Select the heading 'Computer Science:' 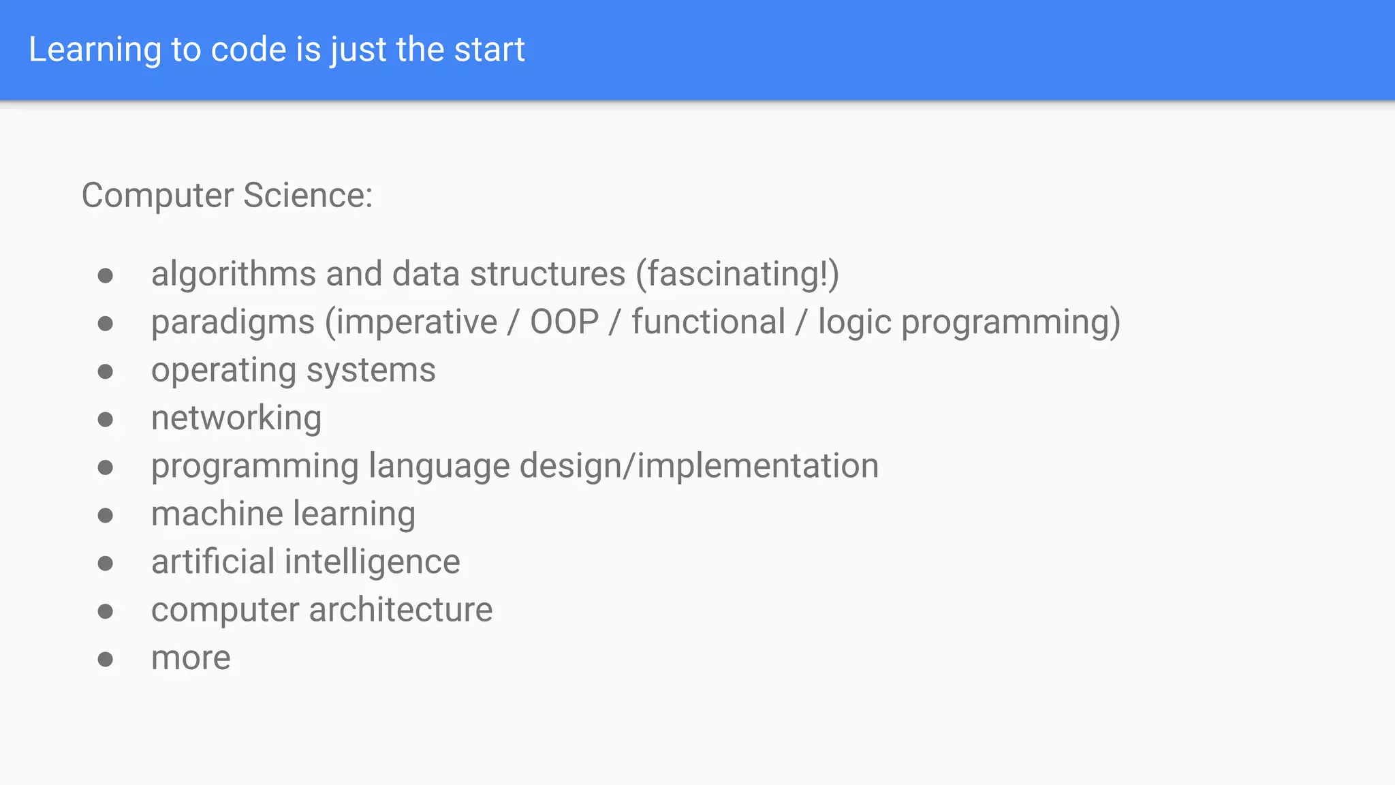[x=227, y=196]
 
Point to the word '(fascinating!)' [x=737, y=275]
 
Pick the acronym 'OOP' [x=564, y=322]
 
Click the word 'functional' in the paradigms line [x=708, y=322]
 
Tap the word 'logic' [x=854, y=323]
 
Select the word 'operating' [x=223, y=371]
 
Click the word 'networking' [x=236, y=418]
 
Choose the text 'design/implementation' [x=699, y=467]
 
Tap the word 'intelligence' [x=372, y=563]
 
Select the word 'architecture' [x=401, y=610]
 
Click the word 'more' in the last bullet [x=191, y=658]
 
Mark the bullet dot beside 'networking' [x=105, y=419]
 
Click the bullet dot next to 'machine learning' [x=105, y=515]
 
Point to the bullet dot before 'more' [x=105, y=659]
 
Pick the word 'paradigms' [x=233, y=323]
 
